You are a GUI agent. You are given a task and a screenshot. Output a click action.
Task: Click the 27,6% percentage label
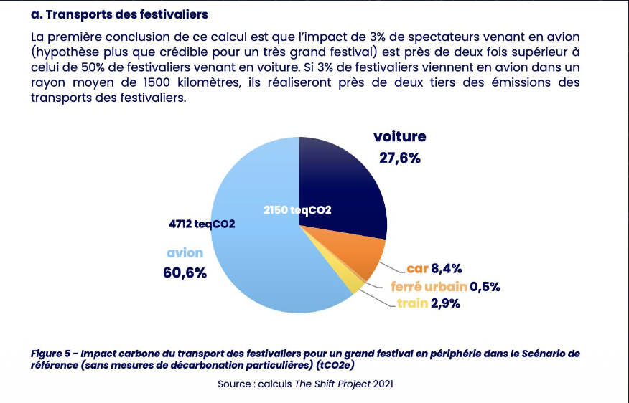point(399,158)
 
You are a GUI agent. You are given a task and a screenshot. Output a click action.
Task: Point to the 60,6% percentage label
point(185,272)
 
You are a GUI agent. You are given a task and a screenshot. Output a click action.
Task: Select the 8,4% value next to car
point(446,269)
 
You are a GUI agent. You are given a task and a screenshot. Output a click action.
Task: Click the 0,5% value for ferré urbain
point(485,287)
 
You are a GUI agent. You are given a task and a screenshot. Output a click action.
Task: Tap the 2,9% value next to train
point(445,304)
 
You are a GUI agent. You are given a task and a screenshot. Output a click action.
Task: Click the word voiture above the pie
point(399,136)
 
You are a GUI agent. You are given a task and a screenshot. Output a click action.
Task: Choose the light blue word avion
point(185,252)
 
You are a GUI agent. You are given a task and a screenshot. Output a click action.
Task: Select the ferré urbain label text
point(429,287)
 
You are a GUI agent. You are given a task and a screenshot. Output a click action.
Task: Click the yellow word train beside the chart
point(412,304)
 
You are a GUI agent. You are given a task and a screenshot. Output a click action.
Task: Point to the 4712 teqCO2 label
point(197,224)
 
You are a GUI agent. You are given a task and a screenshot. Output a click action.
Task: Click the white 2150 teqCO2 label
point(297,210)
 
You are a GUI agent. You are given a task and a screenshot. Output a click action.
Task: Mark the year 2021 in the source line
point(383,384)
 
